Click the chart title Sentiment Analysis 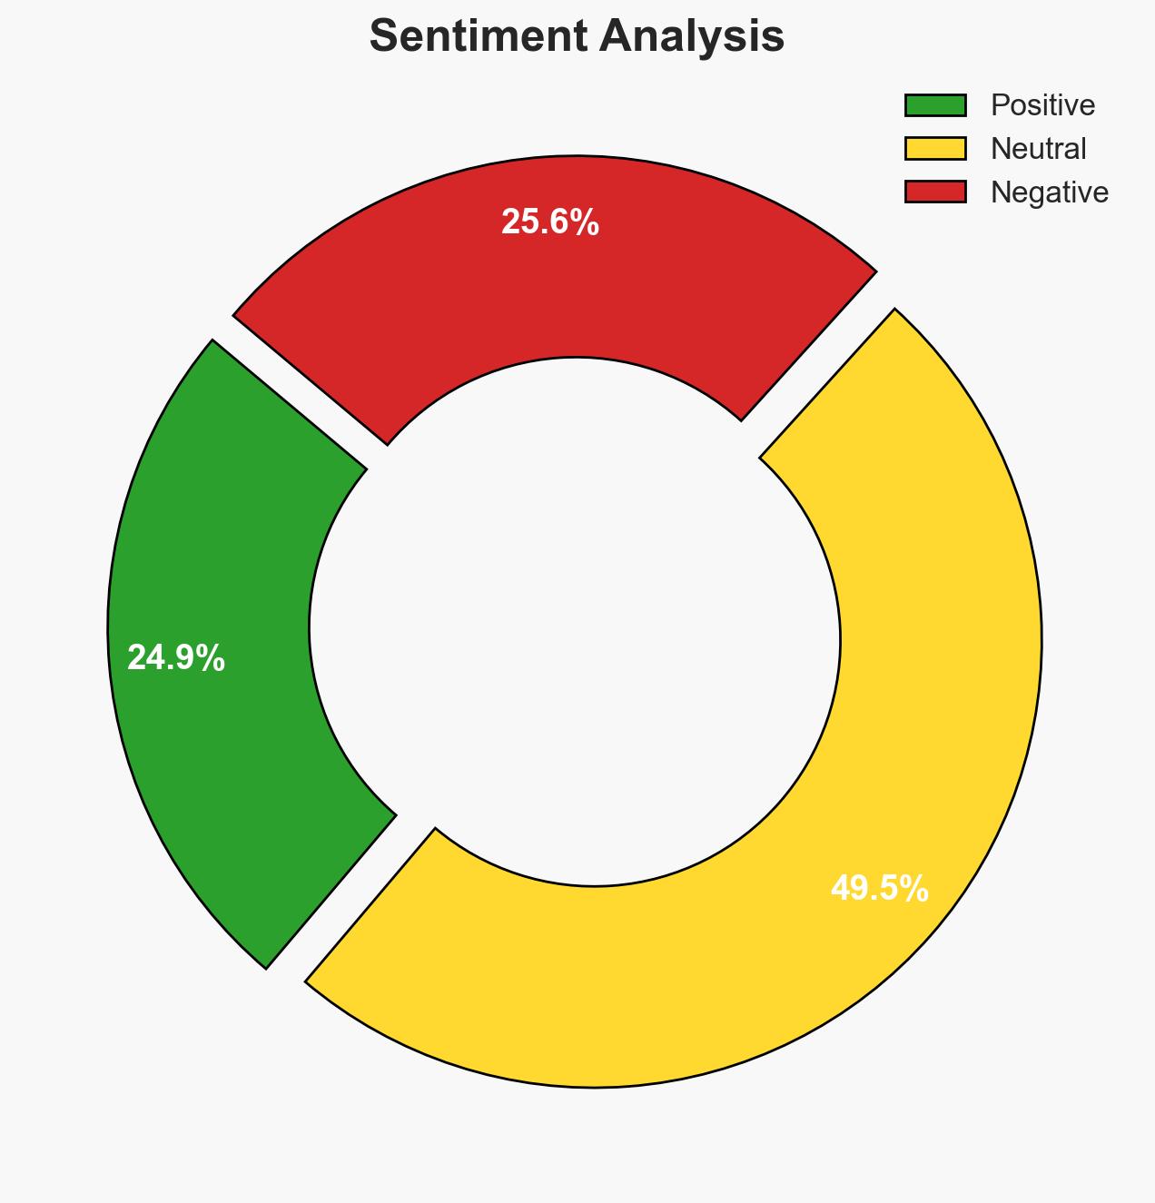(577, 37)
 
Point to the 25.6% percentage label (549, 222)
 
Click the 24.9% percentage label (175, 658)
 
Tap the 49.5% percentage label (879, 889)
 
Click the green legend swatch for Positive (935, 105)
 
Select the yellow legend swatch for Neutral (935, 149)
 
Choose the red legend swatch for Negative (935, 192)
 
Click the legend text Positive (1042, 105)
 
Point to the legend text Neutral (1038, 149)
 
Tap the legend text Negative (1049, 192)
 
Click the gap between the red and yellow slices (817, 363)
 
